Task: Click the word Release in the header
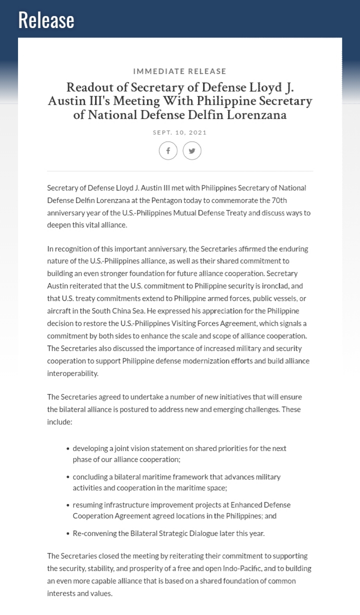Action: (x=46, y=20)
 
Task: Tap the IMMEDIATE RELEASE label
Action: (x=179, y=71)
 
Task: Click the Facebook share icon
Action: (x=168, y=150)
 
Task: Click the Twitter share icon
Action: (x=192, y=150)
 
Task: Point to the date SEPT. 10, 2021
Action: (x=179, y=132)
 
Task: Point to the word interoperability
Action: (x=73, y=373)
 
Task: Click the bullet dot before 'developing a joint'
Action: (x=67, y=448)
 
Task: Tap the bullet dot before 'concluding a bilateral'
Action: (x=67, y=477)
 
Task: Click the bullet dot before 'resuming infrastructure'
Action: (x=67, y=505)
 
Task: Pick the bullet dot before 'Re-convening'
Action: (x=67, y=533)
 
